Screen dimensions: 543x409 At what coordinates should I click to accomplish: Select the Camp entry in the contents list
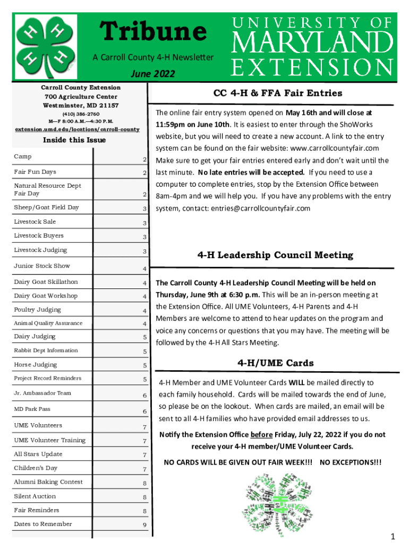click(23, 156)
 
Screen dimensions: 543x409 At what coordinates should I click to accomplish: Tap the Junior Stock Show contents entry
click(42, 266)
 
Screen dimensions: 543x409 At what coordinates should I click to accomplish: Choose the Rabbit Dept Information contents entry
click(46, 351)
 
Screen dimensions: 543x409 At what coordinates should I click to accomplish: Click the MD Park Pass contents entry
click(32, 409)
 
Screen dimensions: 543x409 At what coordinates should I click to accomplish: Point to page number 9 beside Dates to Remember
click(144, 526)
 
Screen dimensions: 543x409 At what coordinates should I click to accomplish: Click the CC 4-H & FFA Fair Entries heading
click(278, 93)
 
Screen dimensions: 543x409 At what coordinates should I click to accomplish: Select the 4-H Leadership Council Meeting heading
click(275, 255)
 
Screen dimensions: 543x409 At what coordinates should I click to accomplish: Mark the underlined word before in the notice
click(261, 435)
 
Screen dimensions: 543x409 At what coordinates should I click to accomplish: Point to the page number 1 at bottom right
click(393, 537)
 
